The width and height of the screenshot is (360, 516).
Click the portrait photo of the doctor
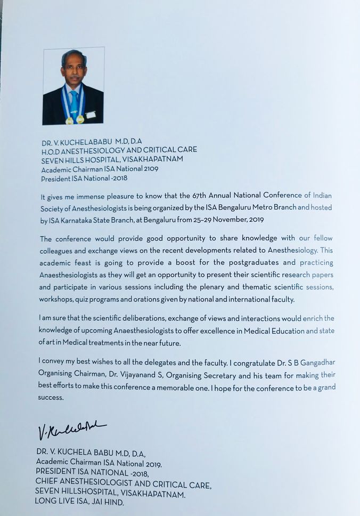click(x=73, y=86)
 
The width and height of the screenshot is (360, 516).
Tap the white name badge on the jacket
click(x=91, y=115)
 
